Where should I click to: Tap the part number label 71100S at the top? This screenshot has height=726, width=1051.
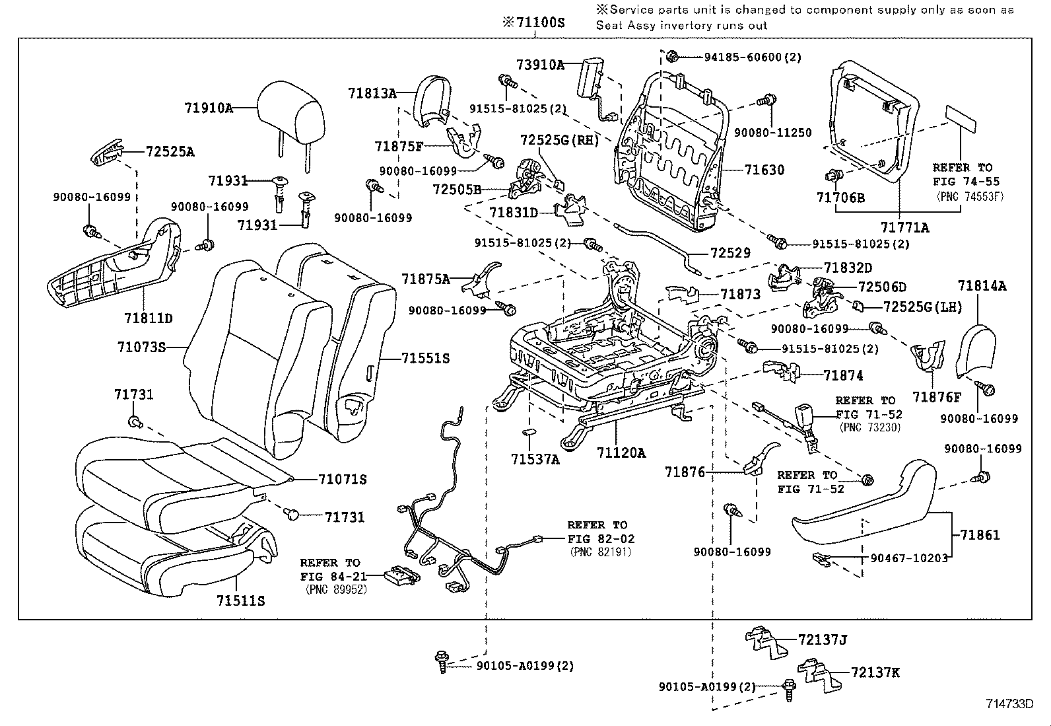click(535, 22)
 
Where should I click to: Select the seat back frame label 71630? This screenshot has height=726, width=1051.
click(764, 170)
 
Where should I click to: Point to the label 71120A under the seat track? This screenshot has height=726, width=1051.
click(621, 453)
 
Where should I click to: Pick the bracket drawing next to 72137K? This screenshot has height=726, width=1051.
click(817, 674)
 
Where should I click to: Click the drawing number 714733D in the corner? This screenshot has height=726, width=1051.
click(1009, 704)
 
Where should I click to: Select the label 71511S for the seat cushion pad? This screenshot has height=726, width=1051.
click(240, 600)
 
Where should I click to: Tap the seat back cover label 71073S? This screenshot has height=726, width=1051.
click(141, 346)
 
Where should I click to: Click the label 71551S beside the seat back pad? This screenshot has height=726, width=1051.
click(425, 358)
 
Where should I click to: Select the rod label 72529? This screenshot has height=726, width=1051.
click(731, 252)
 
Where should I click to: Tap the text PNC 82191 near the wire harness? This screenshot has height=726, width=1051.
click(600, 552)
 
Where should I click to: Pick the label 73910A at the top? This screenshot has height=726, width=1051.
click(541, 65)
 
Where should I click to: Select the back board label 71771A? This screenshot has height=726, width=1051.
click(906, 227)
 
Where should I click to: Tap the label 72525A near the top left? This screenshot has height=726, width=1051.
click(170, 151)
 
